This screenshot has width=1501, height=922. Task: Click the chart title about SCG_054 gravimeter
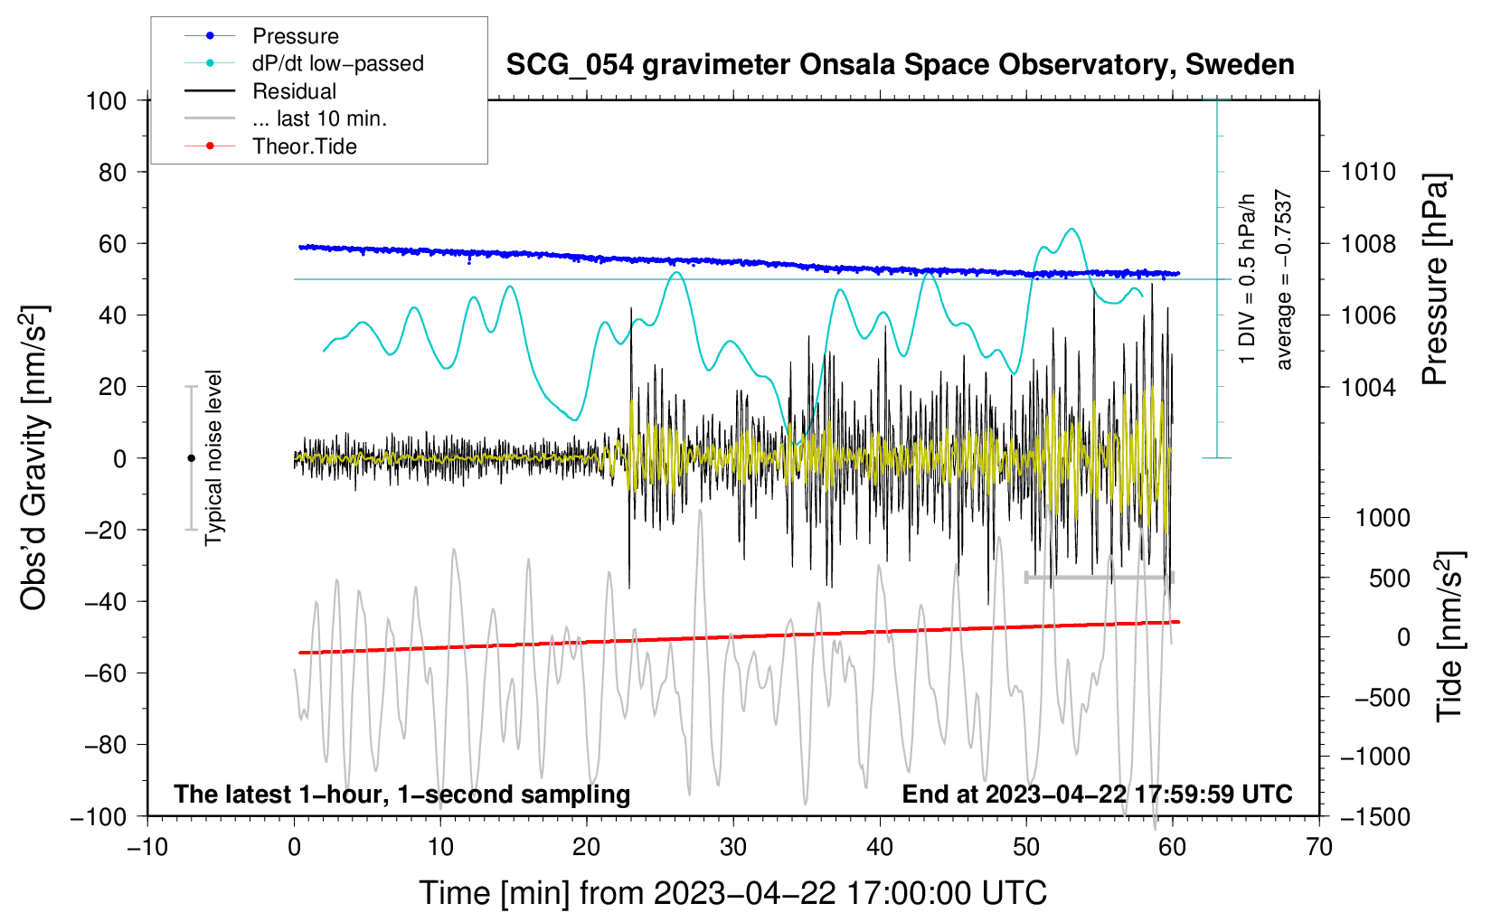[x=900, y=65]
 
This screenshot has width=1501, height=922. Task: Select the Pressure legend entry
[x=295, y=36]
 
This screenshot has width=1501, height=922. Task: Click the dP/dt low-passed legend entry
[x=337, y=63]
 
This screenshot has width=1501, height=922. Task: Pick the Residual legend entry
[x=294, y=91]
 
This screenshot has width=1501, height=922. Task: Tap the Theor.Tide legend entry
[x=304, y=146]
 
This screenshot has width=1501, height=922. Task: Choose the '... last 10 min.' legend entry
[x=319, y=118]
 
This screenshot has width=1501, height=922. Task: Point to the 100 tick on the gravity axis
[x=106, y=100]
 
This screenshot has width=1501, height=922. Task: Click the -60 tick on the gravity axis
[x=106, y=673]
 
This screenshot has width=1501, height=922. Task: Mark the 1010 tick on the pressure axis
[x=1369, y=172]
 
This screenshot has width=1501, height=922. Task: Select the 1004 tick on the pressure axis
[x=1369, y=387]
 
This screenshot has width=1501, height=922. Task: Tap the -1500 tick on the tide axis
[x=1374, y=816]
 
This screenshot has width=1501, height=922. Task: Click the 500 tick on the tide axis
[x=1389, y=578]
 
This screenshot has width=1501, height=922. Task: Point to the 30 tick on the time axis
[x=733, y=847]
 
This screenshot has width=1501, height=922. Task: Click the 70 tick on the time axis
[x=1319, y=847]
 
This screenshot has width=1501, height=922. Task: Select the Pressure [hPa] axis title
[x=1436, y=280]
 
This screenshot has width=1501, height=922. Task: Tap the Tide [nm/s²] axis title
[x=1450, y=636]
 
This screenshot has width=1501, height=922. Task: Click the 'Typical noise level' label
[x=213, y=457]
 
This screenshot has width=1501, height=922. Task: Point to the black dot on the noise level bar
[x=191, y=458]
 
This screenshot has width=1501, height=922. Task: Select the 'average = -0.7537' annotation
[x=1283, y=280]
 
